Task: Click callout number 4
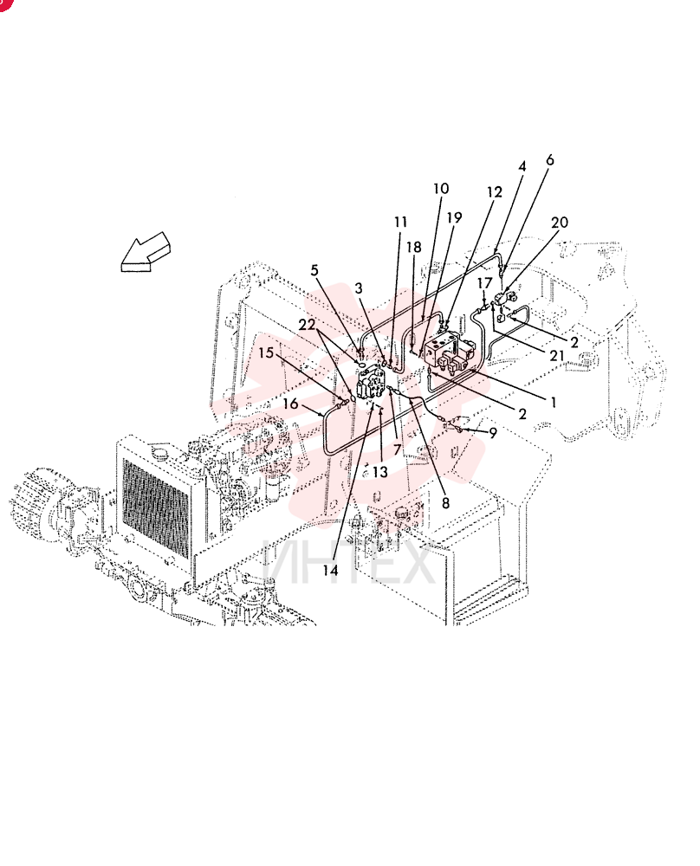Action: [x=522, y=166]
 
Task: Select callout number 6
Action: [x=549, y=160]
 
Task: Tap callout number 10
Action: [x=440, y=189]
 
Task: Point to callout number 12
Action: [x=495, y=192]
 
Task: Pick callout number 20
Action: [x=559, y=223]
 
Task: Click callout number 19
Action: [x=454, y=217]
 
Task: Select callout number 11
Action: [x=400, y=222]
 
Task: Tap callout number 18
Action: [x=414, y=247]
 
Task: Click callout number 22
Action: [x=307, y=325]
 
